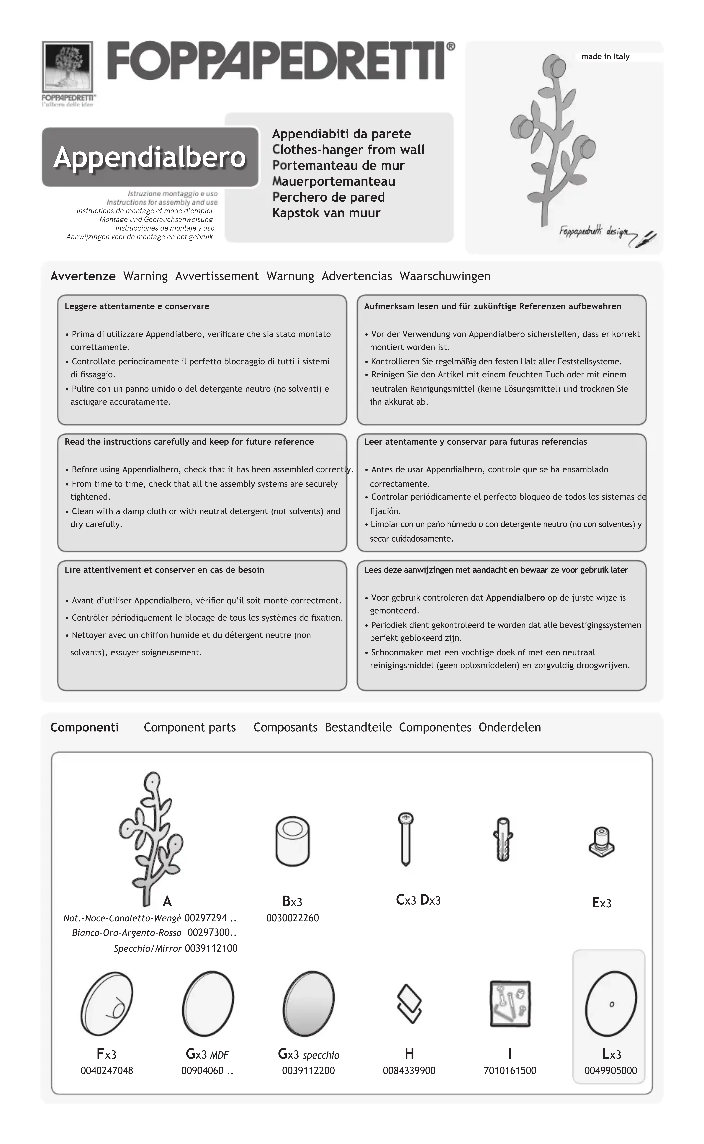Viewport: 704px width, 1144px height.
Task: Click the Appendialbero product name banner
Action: click(150, 157)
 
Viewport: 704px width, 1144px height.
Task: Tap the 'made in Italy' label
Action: click(605, 57)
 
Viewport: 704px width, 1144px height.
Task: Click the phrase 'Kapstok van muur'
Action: click(326, 213)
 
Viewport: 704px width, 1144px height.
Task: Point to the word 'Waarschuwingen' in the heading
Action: click(445, 276)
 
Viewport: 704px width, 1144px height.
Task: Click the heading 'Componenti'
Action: click(84, 727)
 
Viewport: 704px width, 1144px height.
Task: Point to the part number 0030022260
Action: click(292, 918)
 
